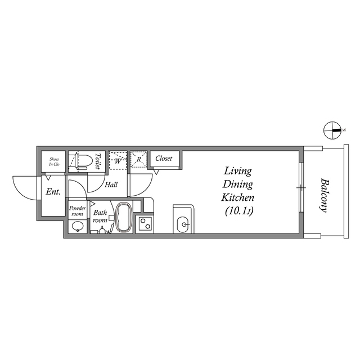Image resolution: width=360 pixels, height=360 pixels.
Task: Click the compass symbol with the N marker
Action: click(332, 130)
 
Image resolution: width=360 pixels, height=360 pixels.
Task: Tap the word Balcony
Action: click(324, 195)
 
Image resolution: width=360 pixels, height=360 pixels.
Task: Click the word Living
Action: click(238, 172)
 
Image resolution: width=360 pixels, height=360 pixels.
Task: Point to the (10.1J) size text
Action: click(239, 211)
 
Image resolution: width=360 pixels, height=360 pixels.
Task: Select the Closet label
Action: click(164, 158)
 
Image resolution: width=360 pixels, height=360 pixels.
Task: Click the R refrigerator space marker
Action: click(139, 159)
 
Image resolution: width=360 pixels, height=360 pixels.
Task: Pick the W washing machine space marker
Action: click(118, 160)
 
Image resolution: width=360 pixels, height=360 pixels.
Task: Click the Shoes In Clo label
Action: click(54, 161)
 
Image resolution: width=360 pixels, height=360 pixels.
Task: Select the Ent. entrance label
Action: click(53, 191)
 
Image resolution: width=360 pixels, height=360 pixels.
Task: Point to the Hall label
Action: click(111, 184)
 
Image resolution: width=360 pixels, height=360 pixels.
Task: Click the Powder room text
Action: click(78, 211)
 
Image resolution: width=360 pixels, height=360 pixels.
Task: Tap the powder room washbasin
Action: click(78, 227)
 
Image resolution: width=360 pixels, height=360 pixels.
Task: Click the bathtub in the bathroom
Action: click(124, 217)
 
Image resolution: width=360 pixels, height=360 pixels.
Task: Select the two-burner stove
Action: click(145, 224)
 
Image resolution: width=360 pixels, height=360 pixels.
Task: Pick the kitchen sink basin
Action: click(183, 224)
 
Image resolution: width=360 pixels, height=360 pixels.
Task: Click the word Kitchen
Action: click(238, 197)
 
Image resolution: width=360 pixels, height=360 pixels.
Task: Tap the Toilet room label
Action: click(98, 161)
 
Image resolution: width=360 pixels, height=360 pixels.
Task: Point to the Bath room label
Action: click(100, 216)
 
